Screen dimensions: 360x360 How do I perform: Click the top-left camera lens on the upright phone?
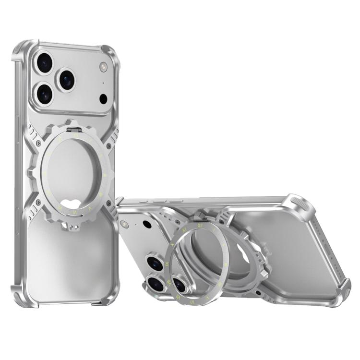click(44, 63)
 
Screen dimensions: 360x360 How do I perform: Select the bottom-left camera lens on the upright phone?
click(44, 94)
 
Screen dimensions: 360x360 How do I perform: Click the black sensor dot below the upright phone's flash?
click(103, 99)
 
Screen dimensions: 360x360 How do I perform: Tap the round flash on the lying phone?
click(125, 224)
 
